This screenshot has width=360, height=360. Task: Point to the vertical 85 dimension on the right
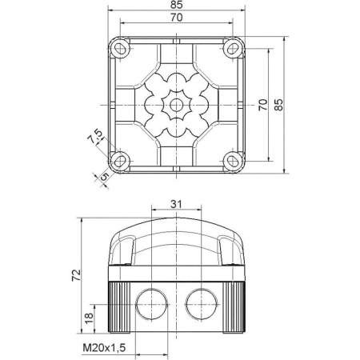pyautogui.click(x=280, y=106)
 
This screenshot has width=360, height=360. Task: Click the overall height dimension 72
pyautogui.click(x=78, y=275)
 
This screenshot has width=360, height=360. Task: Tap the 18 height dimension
pyautogui.click(x=89, y=318)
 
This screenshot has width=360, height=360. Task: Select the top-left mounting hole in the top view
pyautogui.click(x=120, y=50)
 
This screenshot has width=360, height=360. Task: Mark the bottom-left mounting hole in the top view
pyautogui.click(x=120, y=160)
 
